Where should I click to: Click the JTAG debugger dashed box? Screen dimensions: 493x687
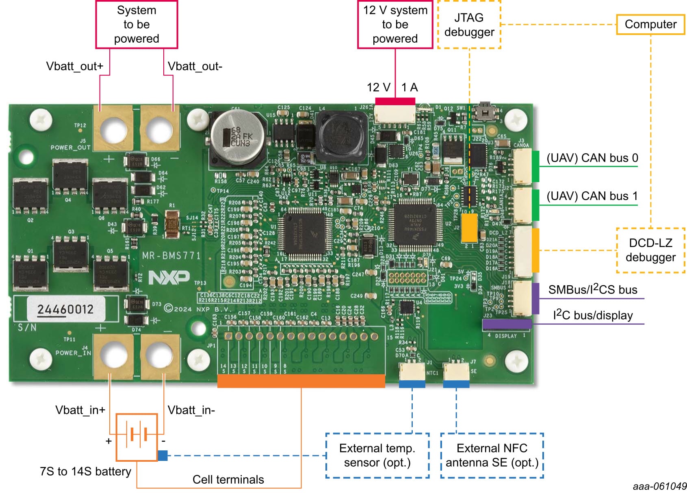469,25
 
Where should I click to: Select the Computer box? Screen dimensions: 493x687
650,24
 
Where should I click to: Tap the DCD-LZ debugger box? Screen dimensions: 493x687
650,250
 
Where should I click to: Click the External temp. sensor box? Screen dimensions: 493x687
377,455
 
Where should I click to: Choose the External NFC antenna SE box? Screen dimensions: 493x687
492,455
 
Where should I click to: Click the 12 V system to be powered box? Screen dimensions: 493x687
395,24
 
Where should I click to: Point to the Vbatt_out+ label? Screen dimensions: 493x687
75,66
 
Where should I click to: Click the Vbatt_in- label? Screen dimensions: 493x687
191,410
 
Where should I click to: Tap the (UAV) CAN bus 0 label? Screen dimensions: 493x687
592,158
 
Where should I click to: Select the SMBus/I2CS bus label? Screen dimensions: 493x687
592,289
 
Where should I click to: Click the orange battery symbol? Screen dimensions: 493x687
137,437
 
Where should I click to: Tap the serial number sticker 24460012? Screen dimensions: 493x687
66,309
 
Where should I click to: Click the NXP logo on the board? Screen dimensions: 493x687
169,278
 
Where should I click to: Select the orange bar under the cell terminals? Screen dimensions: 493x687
301,381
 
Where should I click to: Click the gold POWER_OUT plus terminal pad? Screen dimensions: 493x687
113,129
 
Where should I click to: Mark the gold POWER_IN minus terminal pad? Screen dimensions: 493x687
160,355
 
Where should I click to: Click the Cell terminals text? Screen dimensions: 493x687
228,480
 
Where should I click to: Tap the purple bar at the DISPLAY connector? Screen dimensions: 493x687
507,324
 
